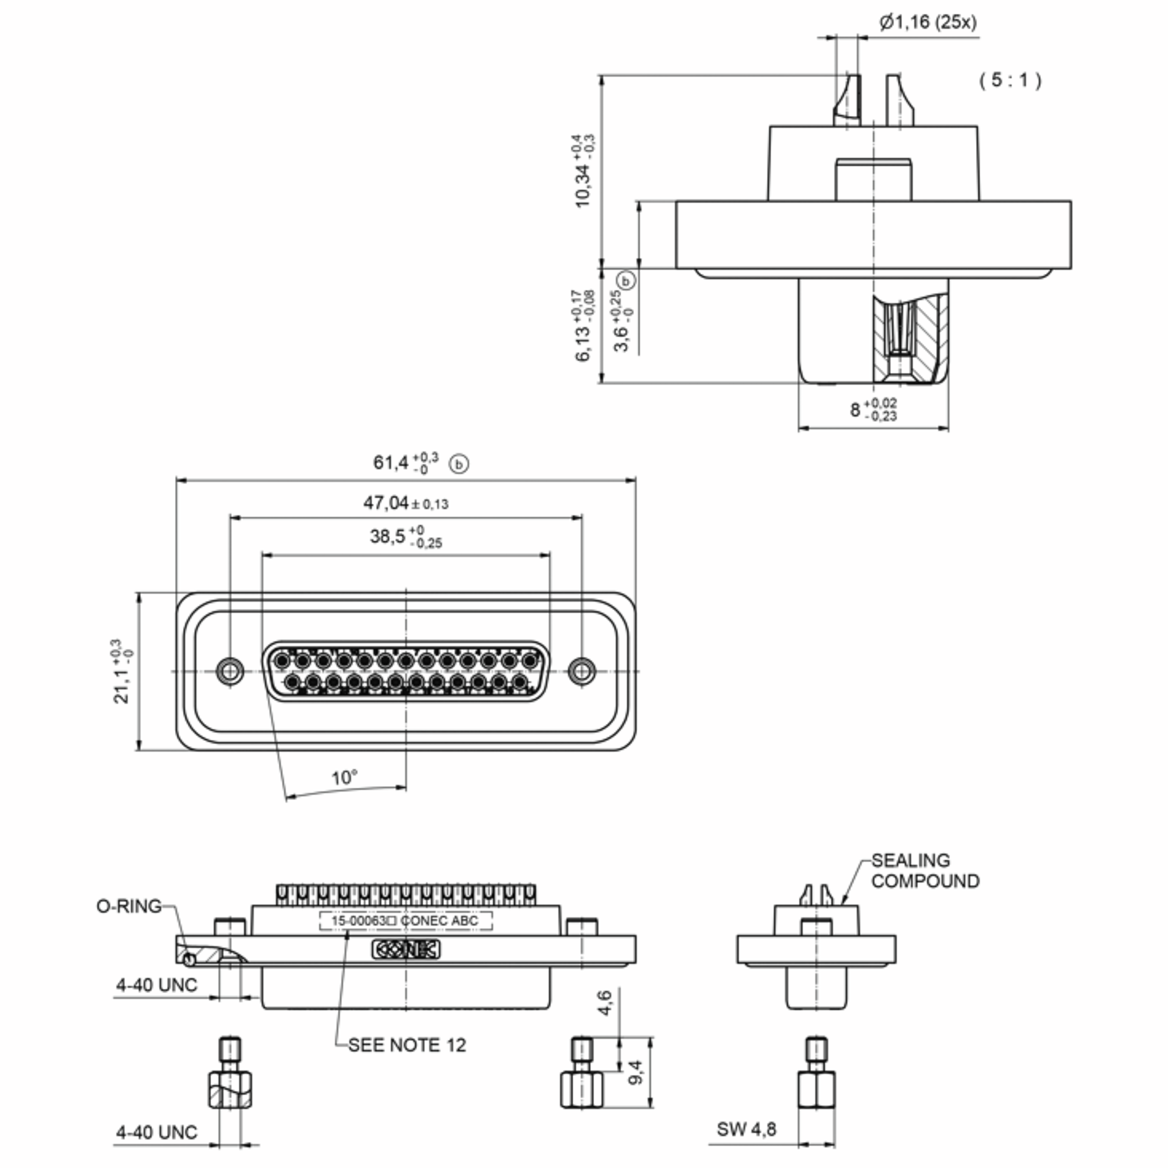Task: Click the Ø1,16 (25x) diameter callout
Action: pos(928,22)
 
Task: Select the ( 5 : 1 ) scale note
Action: pos(1010,80)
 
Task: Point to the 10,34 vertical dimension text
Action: pos(584,171)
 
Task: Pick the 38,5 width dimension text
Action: pos(406,536)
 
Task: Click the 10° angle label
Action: pos(345,778)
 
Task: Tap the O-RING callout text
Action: pos(129,906)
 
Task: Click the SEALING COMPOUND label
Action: pos(925,871)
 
